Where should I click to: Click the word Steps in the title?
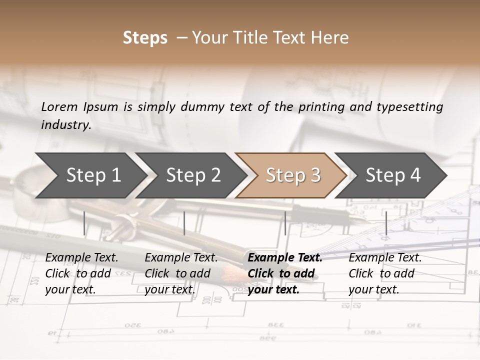tap(145, 38)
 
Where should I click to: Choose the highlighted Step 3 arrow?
tap(292, 175)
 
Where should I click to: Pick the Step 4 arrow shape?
tap(393, 175)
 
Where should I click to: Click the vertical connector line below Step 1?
tap(84, 223)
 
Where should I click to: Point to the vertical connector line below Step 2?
tap(184, 223)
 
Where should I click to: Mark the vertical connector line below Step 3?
tap(285, 223)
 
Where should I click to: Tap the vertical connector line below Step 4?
tap(386, 223)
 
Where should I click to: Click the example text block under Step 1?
tap(81, 273)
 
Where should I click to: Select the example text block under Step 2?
tap(181, 273)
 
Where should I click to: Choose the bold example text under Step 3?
tap(284, 273)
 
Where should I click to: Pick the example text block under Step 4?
tap(385, 273)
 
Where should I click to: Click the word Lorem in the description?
tap(59, 106)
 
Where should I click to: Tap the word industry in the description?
tap(66, 124)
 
